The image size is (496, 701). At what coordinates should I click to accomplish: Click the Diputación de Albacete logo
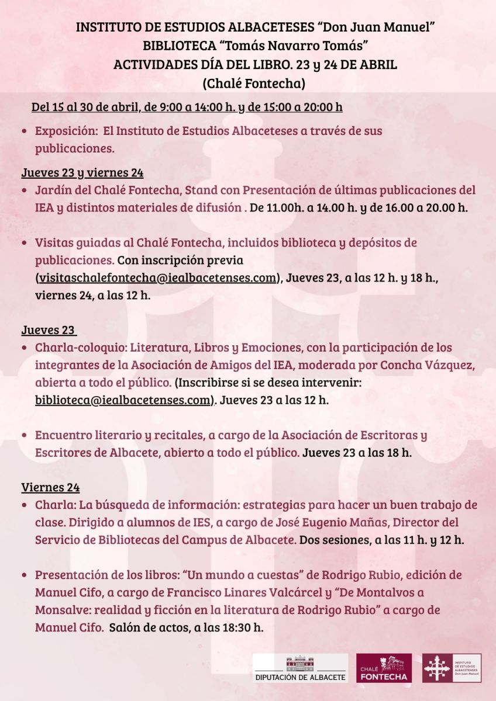(300, 668)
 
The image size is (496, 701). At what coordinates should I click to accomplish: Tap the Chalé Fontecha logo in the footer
(384, 668)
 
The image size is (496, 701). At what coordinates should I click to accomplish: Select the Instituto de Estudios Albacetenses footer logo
(452, 668)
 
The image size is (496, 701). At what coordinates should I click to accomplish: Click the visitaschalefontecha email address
(156, 277)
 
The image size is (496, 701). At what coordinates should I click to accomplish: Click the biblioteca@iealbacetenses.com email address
(122, 400)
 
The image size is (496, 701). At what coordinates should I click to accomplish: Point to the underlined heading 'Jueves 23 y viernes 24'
(82, 172)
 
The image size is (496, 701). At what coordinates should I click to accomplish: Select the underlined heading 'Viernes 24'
(51, 487)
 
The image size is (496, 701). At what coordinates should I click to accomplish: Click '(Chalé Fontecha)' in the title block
(254, 83)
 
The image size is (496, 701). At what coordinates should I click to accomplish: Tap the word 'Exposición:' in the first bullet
(66, 131)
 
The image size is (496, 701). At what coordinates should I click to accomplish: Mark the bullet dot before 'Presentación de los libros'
(24, 575)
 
